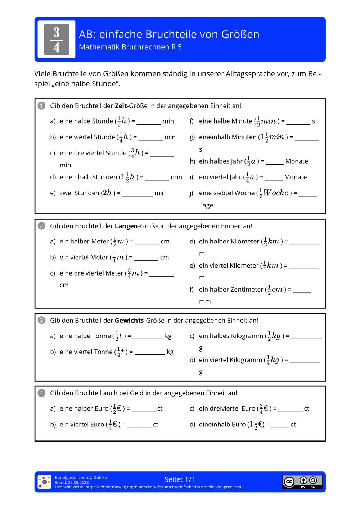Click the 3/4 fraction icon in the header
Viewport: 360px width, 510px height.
(57, 39)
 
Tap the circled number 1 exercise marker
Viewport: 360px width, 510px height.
(41, 106)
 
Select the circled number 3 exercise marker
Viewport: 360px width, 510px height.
(41, 320)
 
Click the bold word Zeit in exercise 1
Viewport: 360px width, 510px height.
(121, 106)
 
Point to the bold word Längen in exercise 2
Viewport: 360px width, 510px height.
(126, 226)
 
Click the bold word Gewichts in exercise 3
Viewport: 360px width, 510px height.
(129, 321)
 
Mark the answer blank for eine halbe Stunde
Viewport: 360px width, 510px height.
(149, 123)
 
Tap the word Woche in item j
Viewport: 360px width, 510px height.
(276, 193)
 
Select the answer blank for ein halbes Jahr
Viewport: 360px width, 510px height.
(275, 163)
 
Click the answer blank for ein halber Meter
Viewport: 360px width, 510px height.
(147, 243)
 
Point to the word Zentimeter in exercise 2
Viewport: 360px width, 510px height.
(247, 290)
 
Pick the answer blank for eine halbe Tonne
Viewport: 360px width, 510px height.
(148, 338)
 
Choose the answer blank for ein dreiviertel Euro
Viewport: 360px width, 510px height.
(290, 411)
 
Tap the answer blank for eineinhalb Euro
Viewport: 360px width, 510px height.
(280, 426)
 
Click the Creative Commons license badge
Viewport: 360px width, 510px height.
(302, 482)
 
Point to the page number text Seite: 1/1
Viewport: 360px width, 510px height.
(180, 479)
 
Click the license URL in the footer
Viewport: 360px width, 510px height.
(165, 487)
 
